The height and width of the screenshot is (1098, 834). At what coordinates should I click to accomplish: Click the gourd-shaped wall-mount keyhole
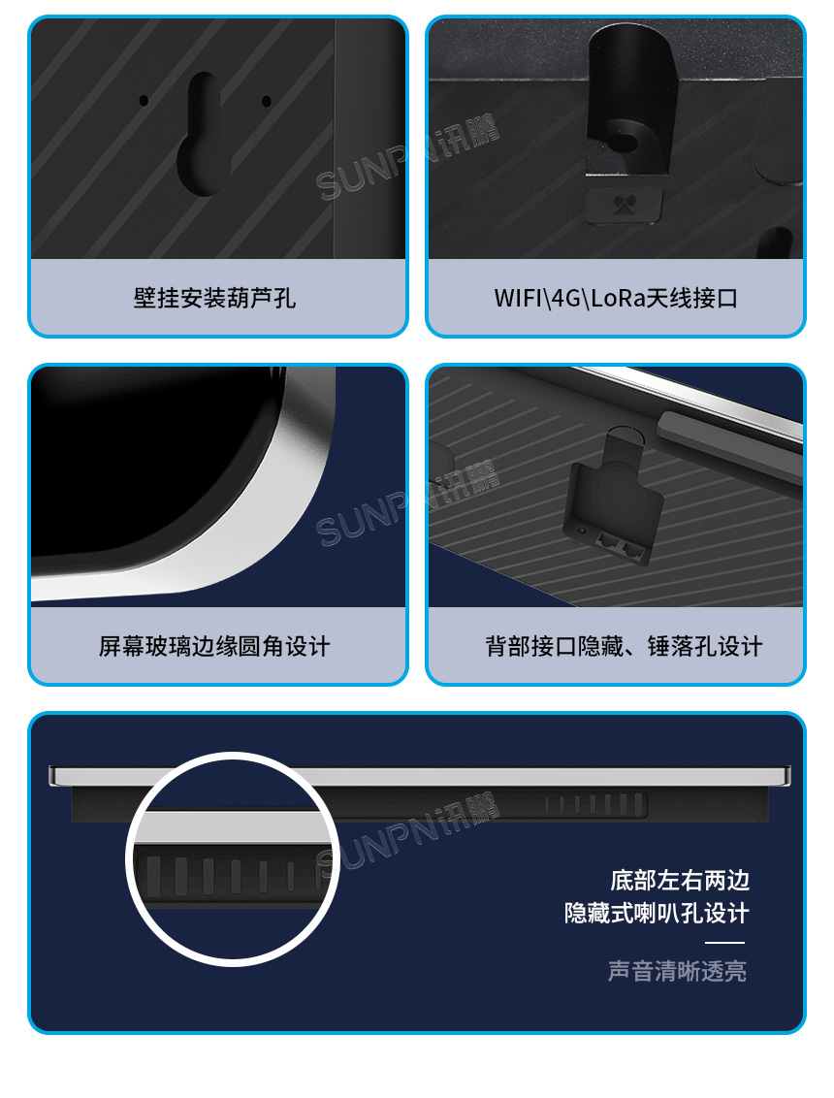[x=204, y=135]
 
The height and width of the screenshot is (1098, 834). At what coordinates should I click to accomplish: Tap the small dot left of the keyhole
[x=144, y=100]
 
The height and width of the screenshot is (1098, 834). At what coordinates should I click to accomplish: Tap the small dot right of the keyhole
[x=266, y=100]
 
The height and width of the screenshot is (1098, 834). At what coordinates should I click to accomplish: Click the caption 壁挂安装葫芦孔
[x=214, y=298]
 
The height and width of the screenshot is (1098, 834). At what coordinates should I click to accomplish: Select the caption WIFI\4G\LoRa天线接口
[x=616, y=298]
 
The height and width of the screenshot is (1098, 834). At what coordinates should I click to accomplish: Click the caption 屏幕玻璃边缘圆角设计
[x=214, y=646]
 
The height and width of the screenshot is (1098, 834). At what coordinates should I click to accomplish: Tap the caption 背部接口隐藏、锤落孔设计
[x=624, y=646]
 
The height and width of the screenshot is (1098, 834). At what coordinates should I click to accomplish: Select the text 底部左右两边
[x=680, y=881]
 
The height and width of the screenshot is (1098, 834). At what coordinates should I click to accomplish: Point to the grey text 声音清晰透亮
[x=677, y=971]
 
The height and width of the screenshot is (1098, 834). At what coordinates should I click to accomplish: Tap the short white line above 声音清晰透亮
[x=724, y=943]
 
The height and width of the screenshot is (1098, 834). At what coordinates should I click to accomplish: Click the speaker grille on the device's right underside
[x=593, y=803]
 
